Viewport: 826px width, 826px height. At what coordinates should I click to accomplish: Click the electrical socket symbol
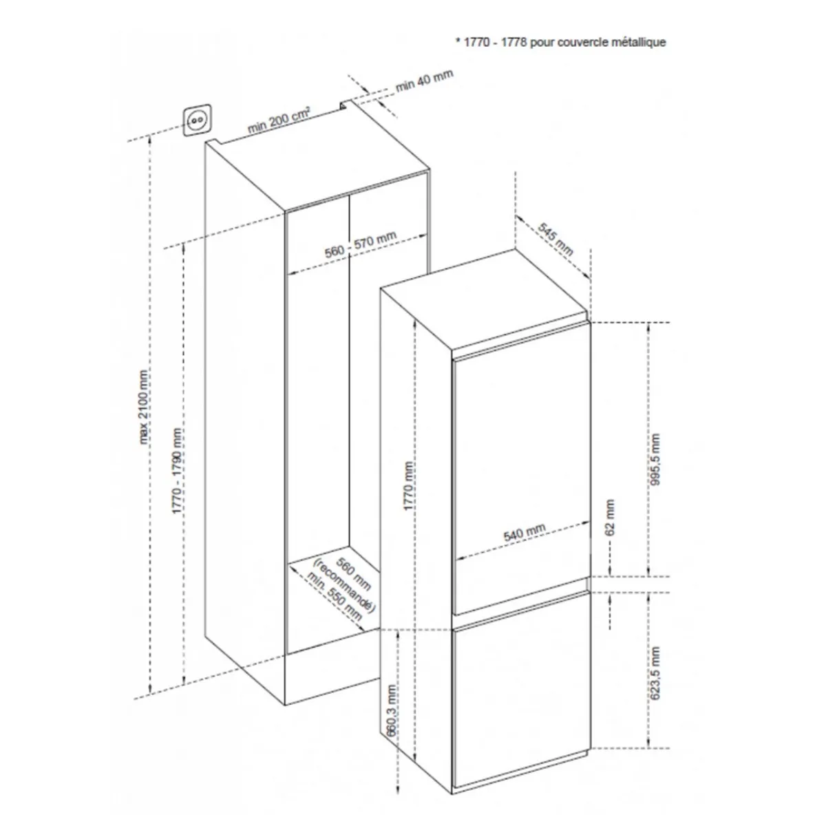pyautogui.click(x=197, y=120)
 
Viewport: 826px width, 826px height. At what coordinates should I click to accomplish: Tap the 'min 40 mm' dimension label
pyautogui.click(x=424, y=80)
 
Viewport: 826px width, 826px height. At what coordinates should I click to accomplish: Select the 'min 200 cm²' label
pyautogui.click(x=279, y=120)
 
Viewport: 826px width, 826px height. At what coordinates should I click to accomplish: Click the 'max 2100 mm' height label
pyautogui.click(x=144, y=407)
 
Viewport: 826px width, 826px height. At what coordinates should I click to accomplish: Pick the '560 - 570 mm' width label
pyautogui.click(x=360, y=244)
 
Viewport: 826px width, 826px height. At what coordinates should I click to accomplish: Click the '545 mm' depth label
pyautogui.click(x=555, y=240)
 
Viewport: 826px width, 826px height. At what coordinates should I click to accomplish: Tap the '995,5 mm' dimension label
pyautogui.click(x=655, y=459)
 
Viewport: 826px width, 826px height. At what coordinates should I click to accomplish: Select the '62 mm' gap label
pyautogui.click(x=610, y=517)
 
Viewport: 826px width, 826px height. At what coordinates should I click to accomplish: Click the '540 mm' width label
pyautogui.click(x=525, y=532)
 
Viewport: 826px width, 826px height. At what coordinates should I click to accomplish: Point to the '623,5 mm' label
pyautogui.click(x=655, y=674)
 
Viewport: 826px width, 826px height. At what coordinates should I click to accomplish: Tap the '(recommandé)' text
pyautogui.click(x=344, y=586)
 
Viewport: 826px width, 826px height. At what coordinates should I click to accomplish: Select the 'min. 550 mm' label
pyautogui.click(x=335, y=596)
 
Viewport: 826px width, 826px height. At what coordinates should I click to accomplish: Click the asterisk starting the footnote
pyautogui.click(x=458, y=41)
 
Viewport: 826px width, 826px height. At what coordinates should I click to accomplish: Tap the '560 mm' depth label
pyautogui.click(x=353, y=573)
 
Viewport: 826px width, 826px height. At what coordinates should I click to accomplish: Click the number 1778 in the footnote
pyautogui.click(x=514, y=42)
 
